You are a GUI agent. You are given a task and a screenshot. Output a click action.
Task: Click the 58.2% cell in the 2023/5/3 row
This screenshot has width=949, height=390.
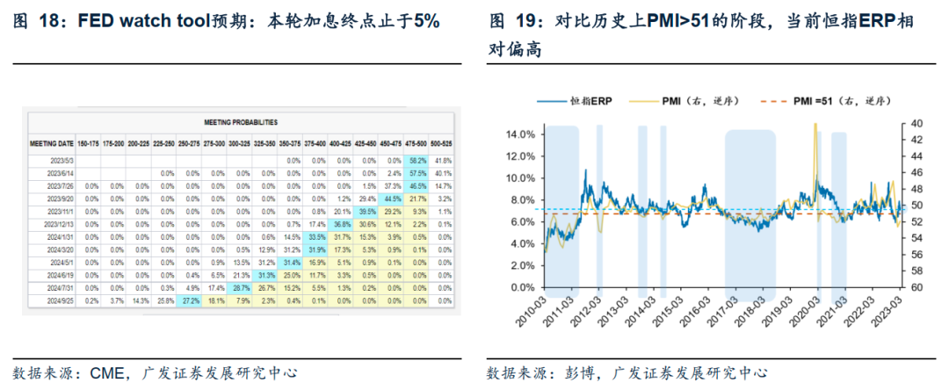[417, 161]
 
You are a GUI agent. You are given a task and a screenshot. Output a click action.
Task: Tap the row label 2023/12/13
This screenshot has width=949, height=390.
[55, 225]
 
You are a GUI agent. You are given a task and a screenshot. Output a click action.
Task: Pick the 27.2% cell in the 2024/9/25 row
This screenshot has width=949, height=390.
[189, 300]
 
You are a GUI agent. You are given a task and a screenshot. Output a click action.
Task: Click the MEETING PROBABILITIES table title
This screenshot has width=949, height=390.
[241, 123]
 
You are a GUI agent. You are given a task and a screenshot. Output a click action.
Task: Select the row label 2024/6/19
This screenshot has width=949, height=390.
[55, 275]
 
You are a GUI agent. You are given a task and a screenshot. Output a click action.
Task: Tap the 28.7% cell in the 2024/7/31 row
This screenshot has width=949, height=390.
[240, 287]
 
